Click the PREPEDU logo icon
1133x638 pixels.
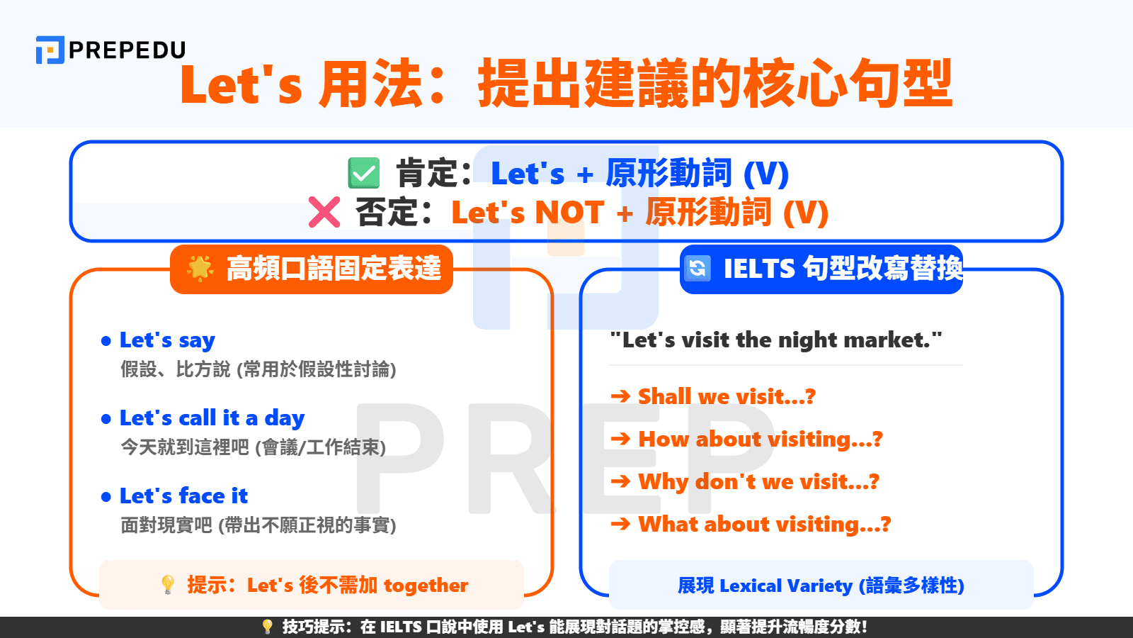pos(50,50)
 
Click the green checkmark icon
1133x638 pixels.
pos(364,173)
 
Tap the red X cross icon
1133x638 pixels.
pos(324,212)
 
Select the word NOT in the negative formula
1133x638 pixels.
pos(569,213)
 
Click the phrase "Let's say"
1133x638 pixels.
pos(167,341)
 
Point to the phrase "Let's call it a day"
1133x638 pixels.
pos(212,419)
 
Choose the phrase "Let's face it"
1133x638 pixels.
pos(183,496)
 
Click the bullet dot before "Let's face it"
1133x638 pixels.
pos(106,497)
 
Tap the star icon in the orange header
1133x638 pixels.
pos(200,268)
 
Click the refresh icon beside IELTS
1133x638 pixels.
pos(698,268)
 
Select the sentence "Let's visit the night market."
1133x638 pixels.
pos(776,340)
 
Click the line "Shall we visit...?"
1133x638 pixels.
pos(727,397)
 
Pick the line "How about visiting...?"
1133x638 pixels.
pos(761,440)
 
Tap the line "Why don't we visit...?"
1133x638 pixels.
pos(758,482)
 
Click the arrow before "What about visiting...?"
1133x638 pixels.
pos(620,525)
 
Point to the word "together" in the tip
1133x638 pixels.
pos(426,586)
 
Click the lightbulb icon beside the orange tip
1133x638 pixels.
pos(168,585)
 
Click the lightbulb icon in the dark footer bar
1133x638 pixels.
pos(267,627)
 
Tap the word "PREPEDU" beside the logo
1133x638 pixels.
pos(127,50)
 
